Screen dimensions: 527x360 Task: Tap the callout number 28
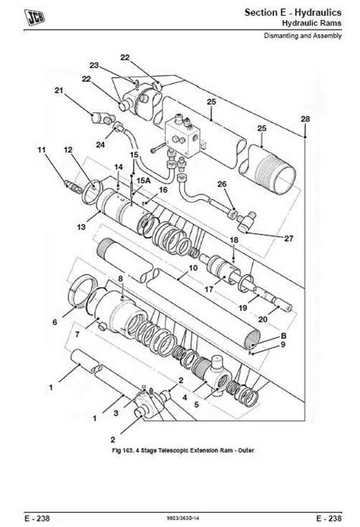pos(305,119)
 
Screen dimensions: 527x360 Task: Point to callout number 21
pos(58,92)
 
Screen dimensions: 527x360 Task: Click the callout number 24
pos(101,144)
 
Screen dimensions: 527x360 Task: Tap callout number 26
pos(222,185)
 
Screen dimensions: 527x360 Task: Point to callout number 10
pos(193,268)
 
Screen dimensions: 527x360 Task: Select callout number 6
pos(54,323)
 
